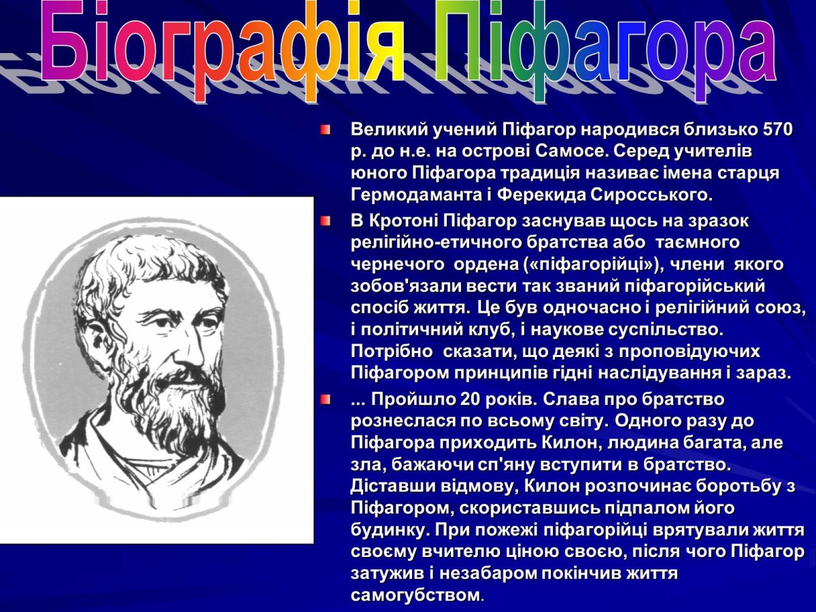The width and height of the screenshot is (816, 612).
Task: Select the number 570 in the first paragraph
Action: pyautogui.click(x=778, y=129)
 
